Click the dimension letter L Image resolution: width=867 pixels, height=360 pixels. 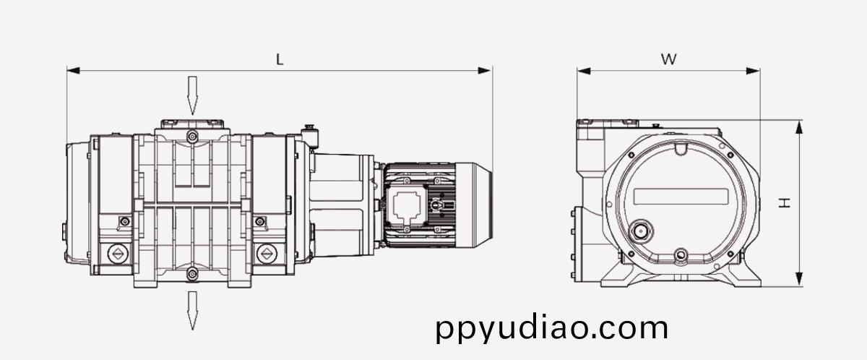click(x=280, y=59)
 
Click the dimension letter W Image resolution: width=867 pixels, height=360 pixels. click(x=668, y=59)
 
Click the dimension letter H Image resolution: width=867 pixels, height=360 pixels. click(x=785, y=202)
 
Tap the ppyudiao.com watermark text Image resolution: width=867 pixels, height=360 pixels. click(x=552, y=329)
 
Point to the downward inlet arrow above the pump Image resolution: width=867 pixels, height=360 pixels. click(x=192, y=95)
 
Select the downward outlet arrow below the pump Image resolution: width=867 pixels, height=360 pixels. click(x=192, y=310)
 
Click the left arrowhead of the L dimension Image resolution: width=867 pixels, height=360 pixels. click(x=74, y=70)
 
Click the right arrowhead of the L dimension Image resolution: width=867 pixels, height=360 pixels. click(x=484, y=70)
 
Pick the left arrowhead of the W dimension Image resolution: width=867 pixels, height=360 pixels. click(x=584, y=71)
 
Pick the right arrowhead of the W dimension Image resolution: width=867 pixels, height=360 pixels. click(x=753, y=71)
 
